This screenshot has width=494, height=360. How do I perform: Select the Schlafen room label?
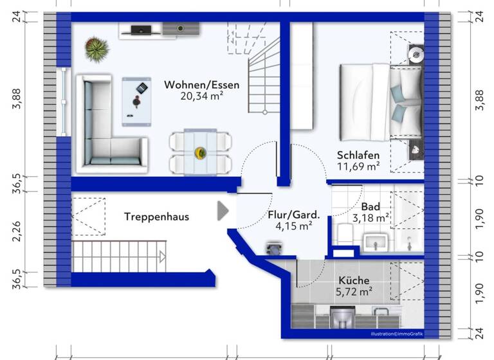pos(358,155)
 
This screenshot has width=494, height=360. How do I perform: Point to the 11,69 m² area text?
pos(358,167)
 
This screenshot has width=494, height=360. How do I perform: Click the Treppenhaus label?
pos(156,217)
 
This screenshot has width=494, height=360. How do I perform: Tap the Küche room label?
pos(354,280)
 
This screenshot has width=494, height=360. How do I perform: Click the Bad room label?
pos(370,206)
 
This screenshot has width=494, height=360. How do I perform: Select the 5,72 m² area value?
pos(354,292)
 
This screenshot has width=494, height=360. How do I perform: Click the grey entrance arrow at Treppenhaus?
pos(223,211)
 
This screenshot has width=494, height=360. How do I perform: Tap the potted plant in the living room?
pos(96,48)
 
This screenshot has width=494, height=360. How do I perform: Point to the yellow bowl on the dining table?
pos(200,152)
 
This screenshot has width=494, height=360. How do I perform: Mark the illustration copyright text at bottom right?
pos(401,334)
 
